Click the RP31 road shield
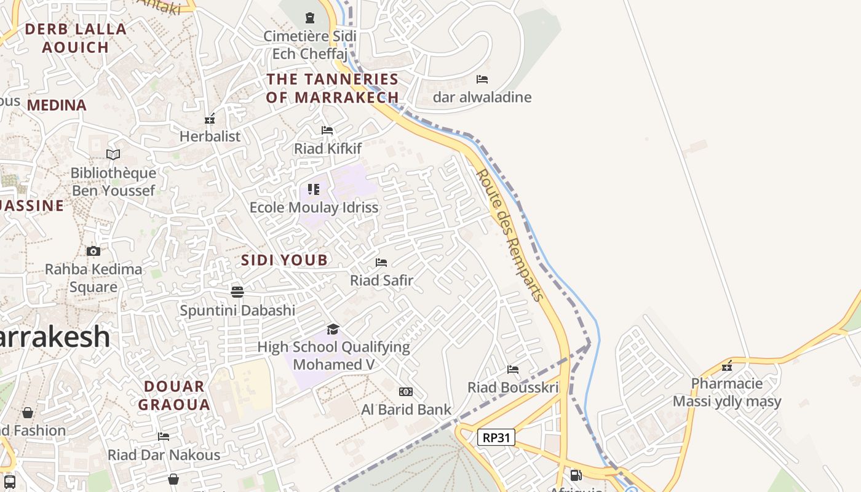(x=496, y=437)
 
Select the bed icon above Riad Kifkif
(x=327, y=130)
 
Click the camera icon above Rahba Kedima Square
(x=93, y=251)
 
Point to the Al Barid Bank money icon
(x=406, y=392)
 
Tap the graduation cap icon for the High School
(x=333, y=329)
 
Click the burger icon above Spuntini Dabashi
(x=237, y=292)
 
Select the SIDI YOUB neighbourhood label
(x=284, y=260)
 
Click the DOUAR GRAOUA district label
(x=174, y=395)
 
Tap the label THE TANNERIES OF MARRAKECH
(x=333, y=88)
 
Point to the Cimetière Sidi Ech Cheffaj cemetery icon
(x=310, y=18)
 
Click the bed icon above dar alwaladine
(x=482, y=79)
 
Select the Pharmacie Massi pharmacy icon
(x=727, y=366)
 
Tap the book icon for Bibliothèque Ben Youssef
(x=113, y=154)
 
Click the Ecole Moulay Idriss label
(x=314, y=207)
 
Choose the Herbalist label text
(x=210, y=137)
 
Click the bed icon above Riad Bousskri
(x=513, y=370)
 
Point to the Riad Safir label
(x=381, y=280)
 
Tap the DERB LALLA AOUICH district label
(x=76, y=38)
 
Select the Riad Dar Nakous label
(x=164, y=455)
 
